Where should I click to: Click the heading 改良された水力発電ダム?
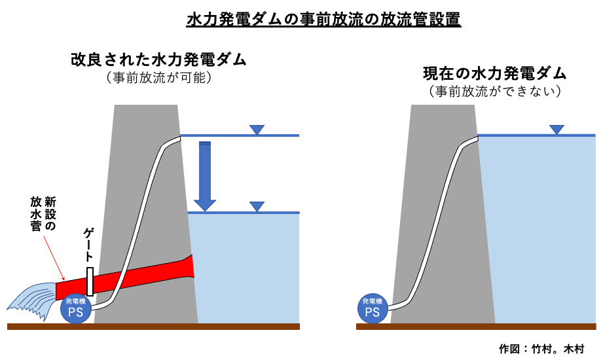point(158,60)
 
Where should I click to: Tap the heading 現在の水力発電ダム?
point(494,73)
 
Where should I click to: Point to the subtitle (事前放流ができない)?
point(494,91)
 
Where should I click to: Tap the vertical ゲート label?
point(90,245)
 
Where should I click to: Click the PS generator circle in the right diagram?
point(373,308)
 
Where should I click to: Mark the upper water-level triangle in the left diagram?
point(257,130)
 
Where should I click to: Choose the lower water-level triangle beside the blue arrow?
point(257,207)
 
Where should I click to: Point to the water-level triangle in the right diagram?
point(556,129)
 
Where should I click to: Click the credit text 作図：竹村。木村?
point(541,348)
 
